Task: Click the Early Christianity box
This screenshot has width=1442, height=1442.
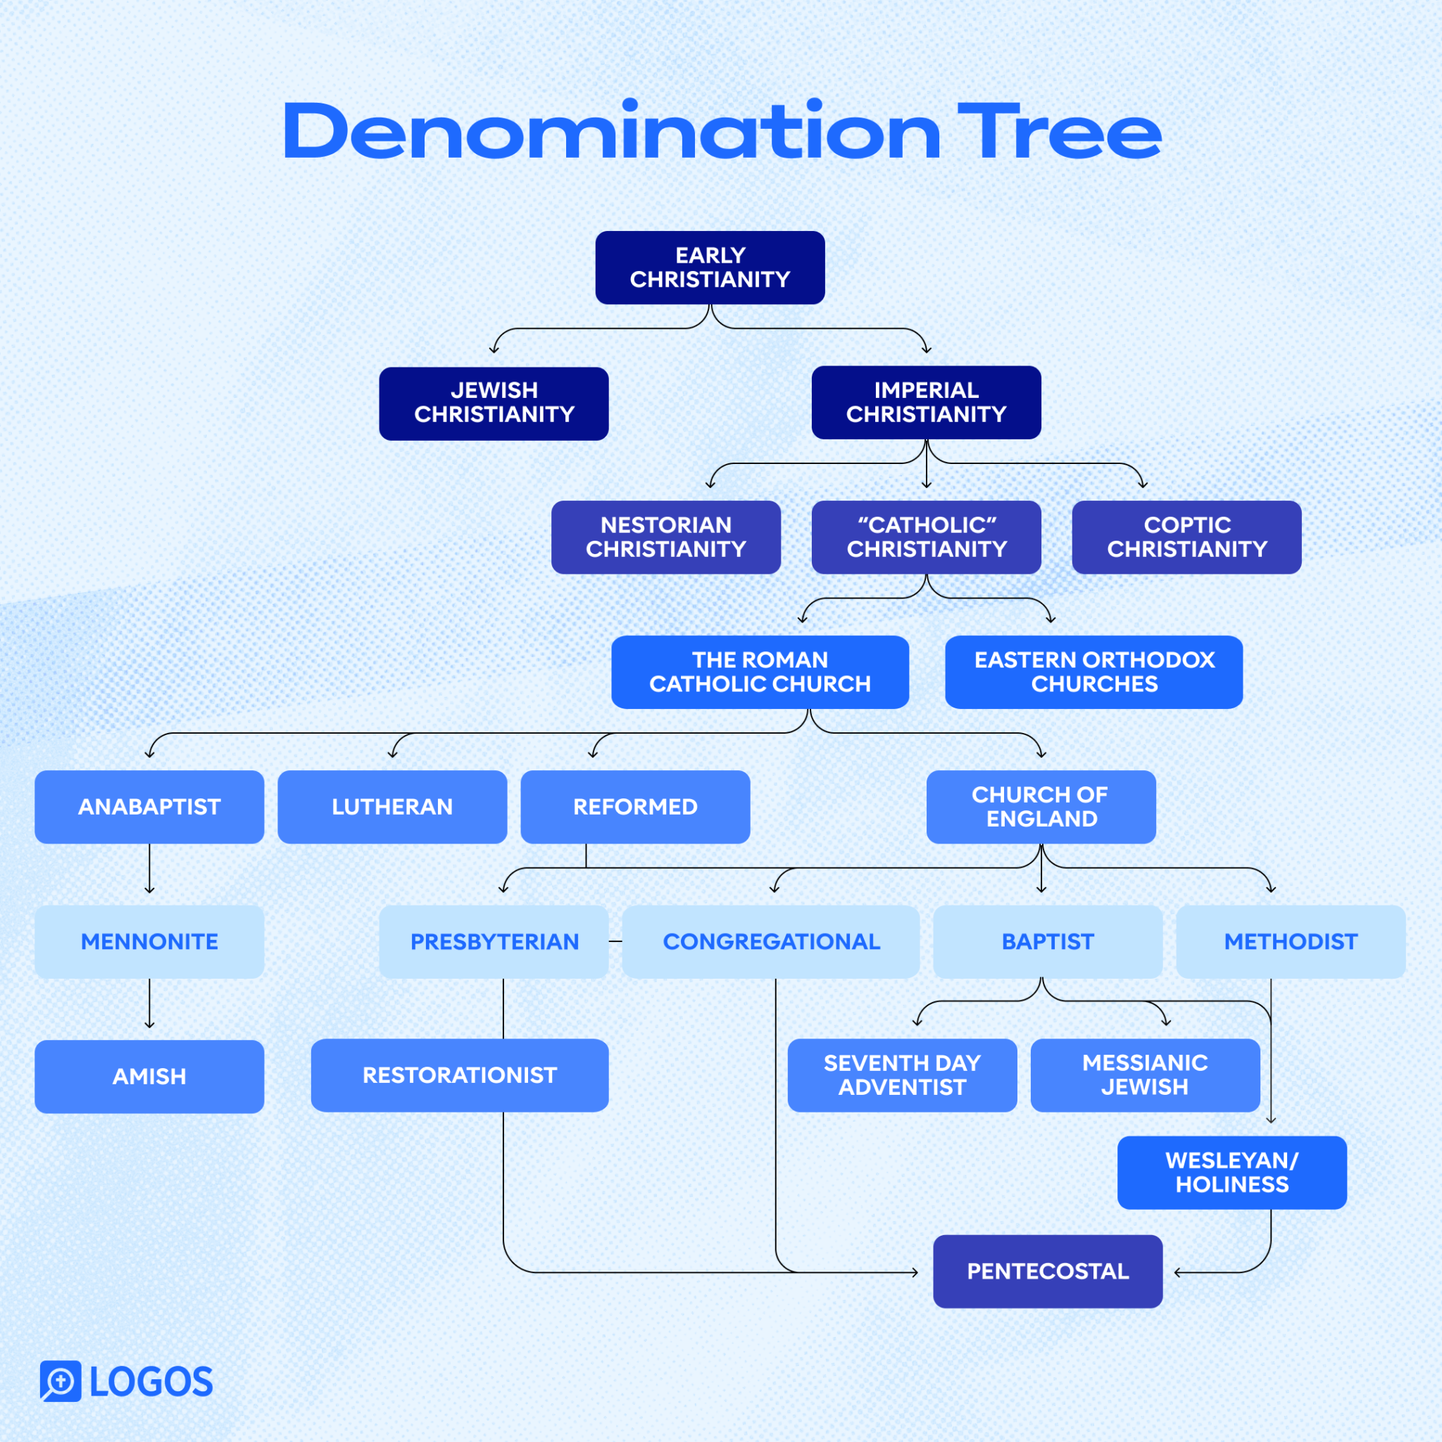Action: tap(710, 267)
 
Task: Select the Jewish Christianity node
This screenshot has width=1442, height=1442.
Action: tap(494, 403)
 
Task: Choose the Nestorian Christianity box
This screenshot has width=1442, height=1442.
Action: tap(666, 537)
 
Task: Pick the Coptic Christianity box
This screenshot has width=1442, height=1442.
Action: tap(1186, 537)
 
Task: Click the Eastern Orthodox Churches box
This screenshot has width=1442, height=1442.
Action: tap(1093, 672)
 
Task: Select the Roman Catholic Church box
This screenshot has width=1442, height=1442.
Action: tap(760, 672)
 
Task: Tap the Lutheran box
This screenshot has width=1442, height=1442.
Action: tap(392, 807)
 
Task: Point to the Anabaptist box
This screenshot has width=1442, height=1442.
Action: tap(149, 807)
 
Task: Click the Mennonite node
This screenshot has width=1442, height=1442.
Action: tap(149, 941)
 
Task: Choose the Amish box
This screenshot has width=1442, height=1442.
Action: tap(149, 1077)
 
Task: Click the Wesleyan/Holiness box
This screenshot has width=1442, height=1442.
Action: tap(1231, 1172)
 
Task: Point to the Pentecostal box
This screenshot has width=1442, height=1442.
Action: tap(1047, 1271)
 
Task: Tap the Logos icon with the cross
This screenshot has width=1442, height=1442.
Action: tap(61, 1381)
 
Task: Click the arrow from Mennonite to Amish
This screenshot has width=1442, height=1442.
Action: tap(149, 1004)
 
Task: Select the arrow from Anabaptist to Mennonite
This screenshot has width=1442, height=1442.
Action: tap(149, 869)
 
